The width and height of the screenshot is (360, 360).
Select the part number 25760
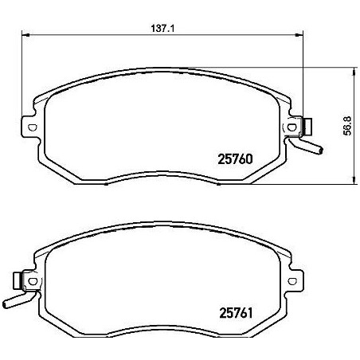(235, 158)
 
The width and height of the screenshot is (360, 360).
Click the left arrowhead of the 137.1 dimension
(23, 35)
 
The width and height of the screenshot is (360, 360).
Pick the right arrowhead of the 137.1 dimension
(302, 35)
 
